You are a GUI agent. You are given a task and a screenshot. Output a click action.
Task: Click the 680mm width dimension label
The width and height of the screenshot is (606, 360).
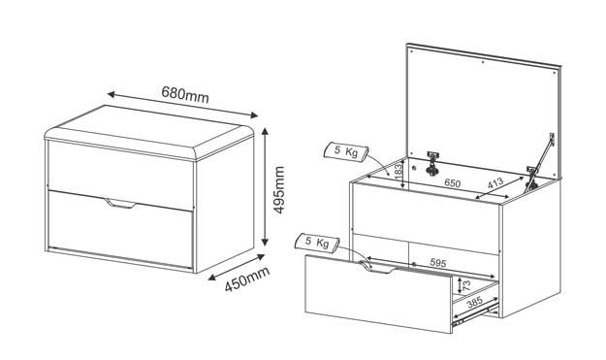(185, 95)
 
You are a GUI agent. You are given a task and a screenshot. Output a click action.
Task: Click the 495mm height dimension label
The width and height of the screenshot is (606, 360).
(278, 190)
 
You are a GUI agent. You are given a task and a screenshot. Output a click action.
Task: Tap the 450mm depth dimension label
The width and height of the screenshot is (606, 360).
(247, 279)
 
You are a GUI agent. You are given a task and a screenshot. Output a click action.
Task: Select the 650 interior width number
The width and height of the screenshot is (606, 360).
(452, 182)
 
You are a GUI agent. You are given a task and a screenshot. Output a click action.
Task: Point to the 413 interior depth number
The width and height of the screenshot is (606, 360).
(495, 182)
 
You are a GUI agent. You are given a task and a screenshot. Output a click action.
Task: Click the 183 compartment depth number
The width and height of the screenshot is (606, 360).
(399, 171)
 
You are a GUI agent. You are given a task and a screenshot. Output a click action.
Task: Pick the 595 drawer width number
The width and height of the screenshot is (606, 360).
(438, 263)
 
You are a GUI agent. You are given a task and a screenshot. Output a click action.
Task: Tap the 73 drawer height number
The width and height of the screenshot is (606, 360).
(466, 285)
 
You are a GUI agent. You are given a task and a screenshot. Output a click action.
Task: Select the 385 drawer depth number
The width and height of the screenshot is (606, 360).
(474, 303)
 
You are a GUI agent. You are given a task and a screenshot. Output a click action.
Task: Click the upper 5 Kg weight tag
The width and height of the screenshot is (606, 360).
(346, 151)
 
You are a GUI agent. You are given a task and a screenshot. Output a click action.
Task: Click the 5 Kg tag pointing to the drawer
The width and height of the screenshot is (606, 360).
(317, 243)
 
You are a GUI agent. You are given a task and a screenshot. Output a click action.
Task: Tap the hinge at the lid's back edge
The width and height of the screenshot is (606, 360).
(432, 163)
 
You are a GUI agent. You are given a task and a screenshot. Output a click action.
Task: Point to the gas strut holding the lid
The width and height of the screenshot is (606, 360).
(540, 162)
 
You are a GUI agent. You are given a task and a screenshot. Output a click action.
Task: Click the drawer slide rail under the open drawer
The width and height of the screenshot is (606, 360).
(475, 314)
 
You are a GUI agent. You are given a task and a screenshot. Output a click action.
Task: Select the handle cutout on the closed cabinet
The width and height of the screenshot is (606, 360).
(120, 204)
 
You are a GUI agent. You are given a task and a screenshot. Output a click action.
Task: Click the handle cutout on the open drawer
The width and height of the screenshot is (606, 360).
(377, 268)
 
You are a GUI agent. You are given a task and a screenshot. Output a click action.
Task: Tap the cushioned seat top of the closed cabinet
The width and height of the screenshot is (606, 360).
(149, 131)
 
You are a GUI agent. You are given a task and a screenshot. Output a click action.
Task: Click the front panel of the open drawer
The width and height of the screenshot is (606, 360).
(378, 294)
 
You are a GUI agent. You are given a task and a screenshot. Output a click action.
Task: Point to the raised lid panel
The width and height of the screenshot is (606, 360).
(483, 113)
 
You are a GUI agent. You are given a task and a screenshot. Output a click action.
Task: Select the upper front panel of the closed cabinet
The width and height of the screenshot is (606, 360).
(120, 174)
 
